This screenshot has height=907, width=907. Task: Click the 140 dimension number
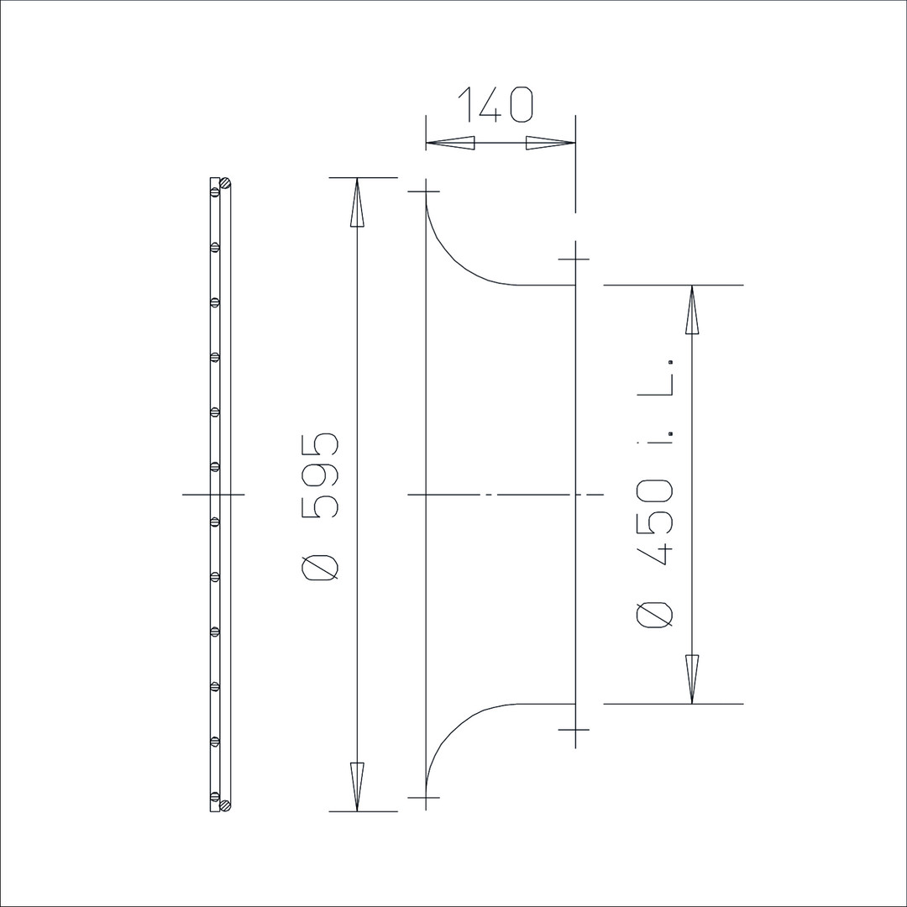(x=495, y=105)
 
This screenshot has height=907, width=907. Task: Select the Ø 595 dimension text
(x=320, y=507)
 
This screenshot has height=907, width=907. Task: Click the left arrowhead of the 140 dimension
(x=451, y=143)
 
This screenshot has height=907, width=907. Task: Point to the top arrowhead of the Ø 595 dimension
(x=357, y=202)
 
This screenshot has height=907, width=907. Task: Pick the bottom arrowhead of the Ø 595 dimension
(x=357, y=787)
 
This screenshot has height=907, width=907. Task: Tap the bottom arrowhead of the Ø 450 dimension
(x=692, y=679)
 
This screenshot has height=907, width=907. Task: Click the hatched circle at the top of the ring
(x=226, y=183)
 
